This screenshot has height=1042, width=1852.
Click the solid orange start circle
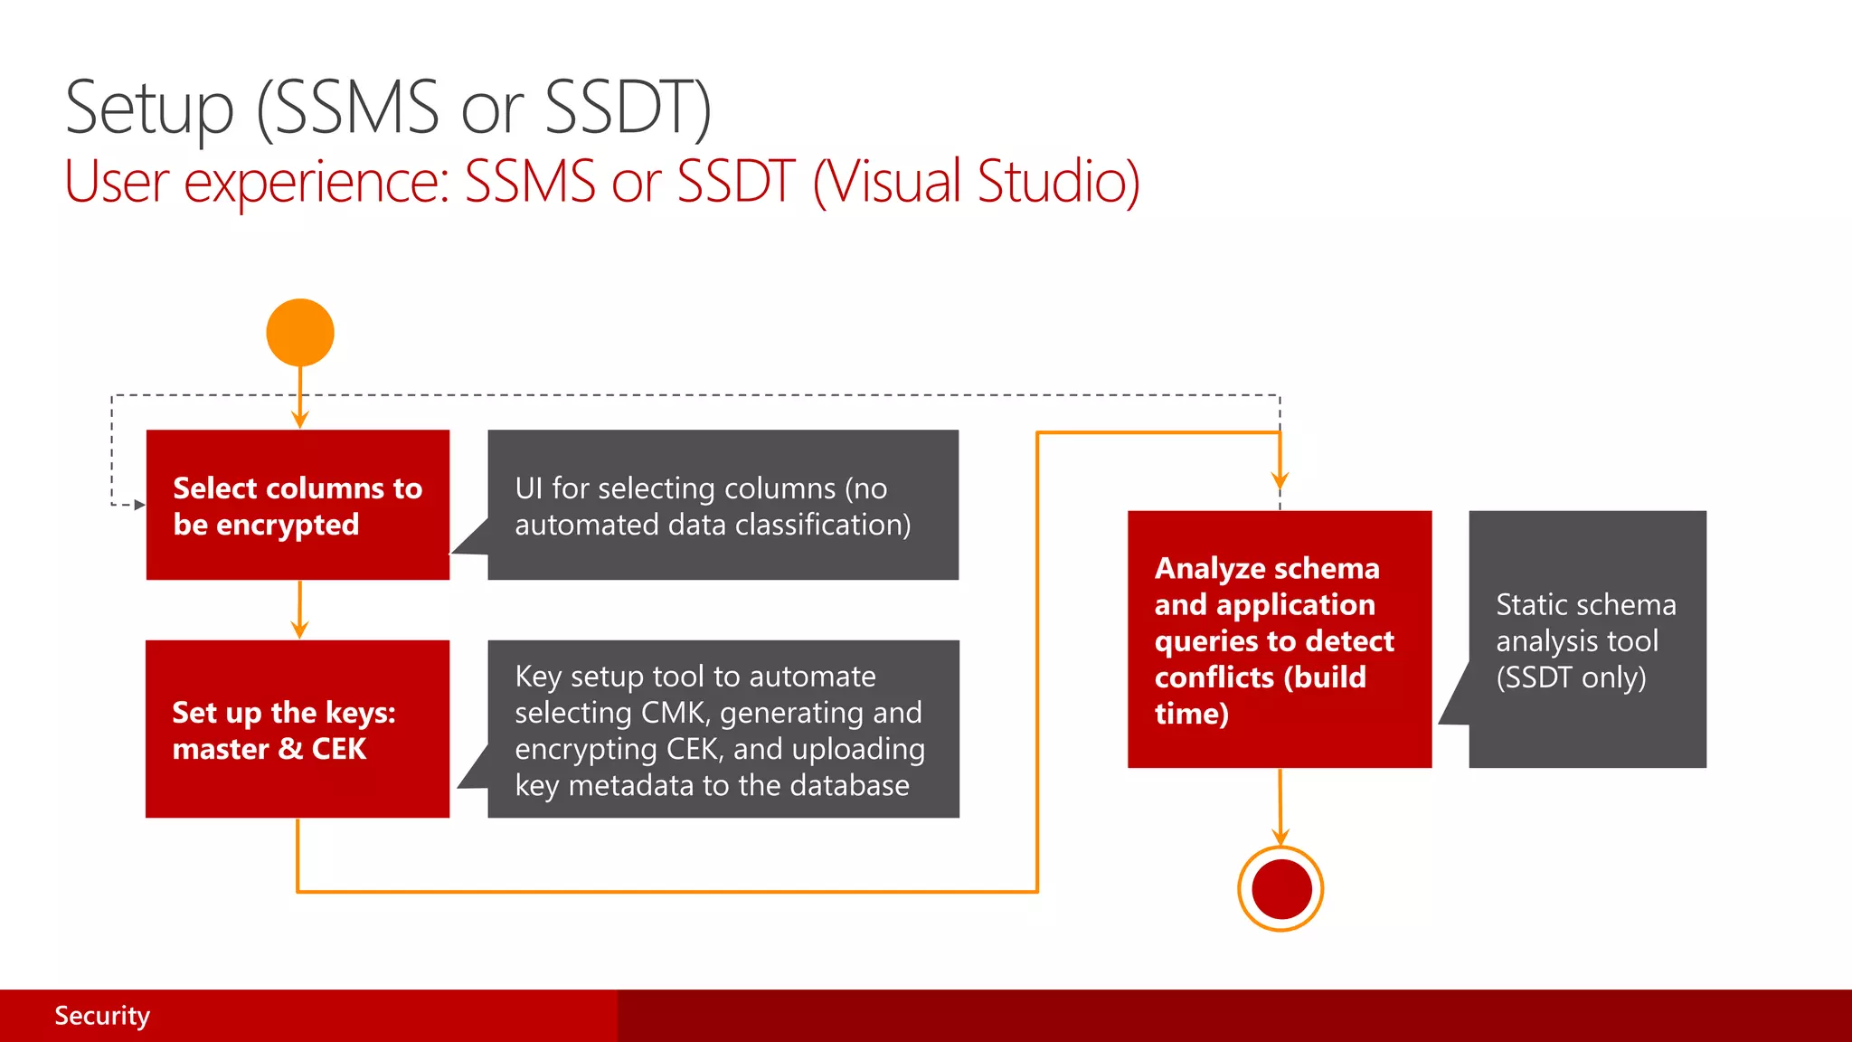(300, 332)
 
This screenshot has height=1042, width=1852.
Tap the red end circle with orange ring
(1280, 888)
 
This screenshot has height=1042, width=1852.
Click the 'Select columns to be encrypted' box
(298, 505)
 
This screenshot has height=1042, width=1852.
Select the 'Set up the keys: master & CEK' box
(298, 729)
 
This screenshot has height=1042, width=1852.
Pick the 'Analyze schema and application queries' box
(1279, 639)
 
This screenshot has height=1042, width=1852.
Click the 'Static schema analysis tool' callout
(1586, 639)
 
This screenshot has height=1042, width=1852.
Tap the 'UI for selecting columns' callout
(723, 505)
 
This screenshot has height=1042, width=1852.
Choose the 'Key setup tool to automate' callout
(723, 729)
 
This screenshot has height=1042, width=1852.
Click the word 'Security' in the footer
(102, 1015)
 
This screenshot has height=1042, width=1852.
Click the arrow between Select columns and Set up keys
(300, 611)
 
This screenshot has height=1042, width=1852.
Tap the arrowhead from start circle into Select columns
(300, 419)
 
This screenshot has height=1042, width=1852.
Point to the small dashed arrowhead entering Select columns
(139, 505)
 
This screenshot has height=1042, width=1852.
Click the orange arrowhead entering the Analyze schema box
(1280, 479)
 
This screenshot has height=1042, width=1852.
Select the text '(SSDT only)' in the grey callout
(1571, 677)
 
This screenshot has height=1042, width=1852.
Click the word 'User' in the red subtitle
(117, 181)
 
